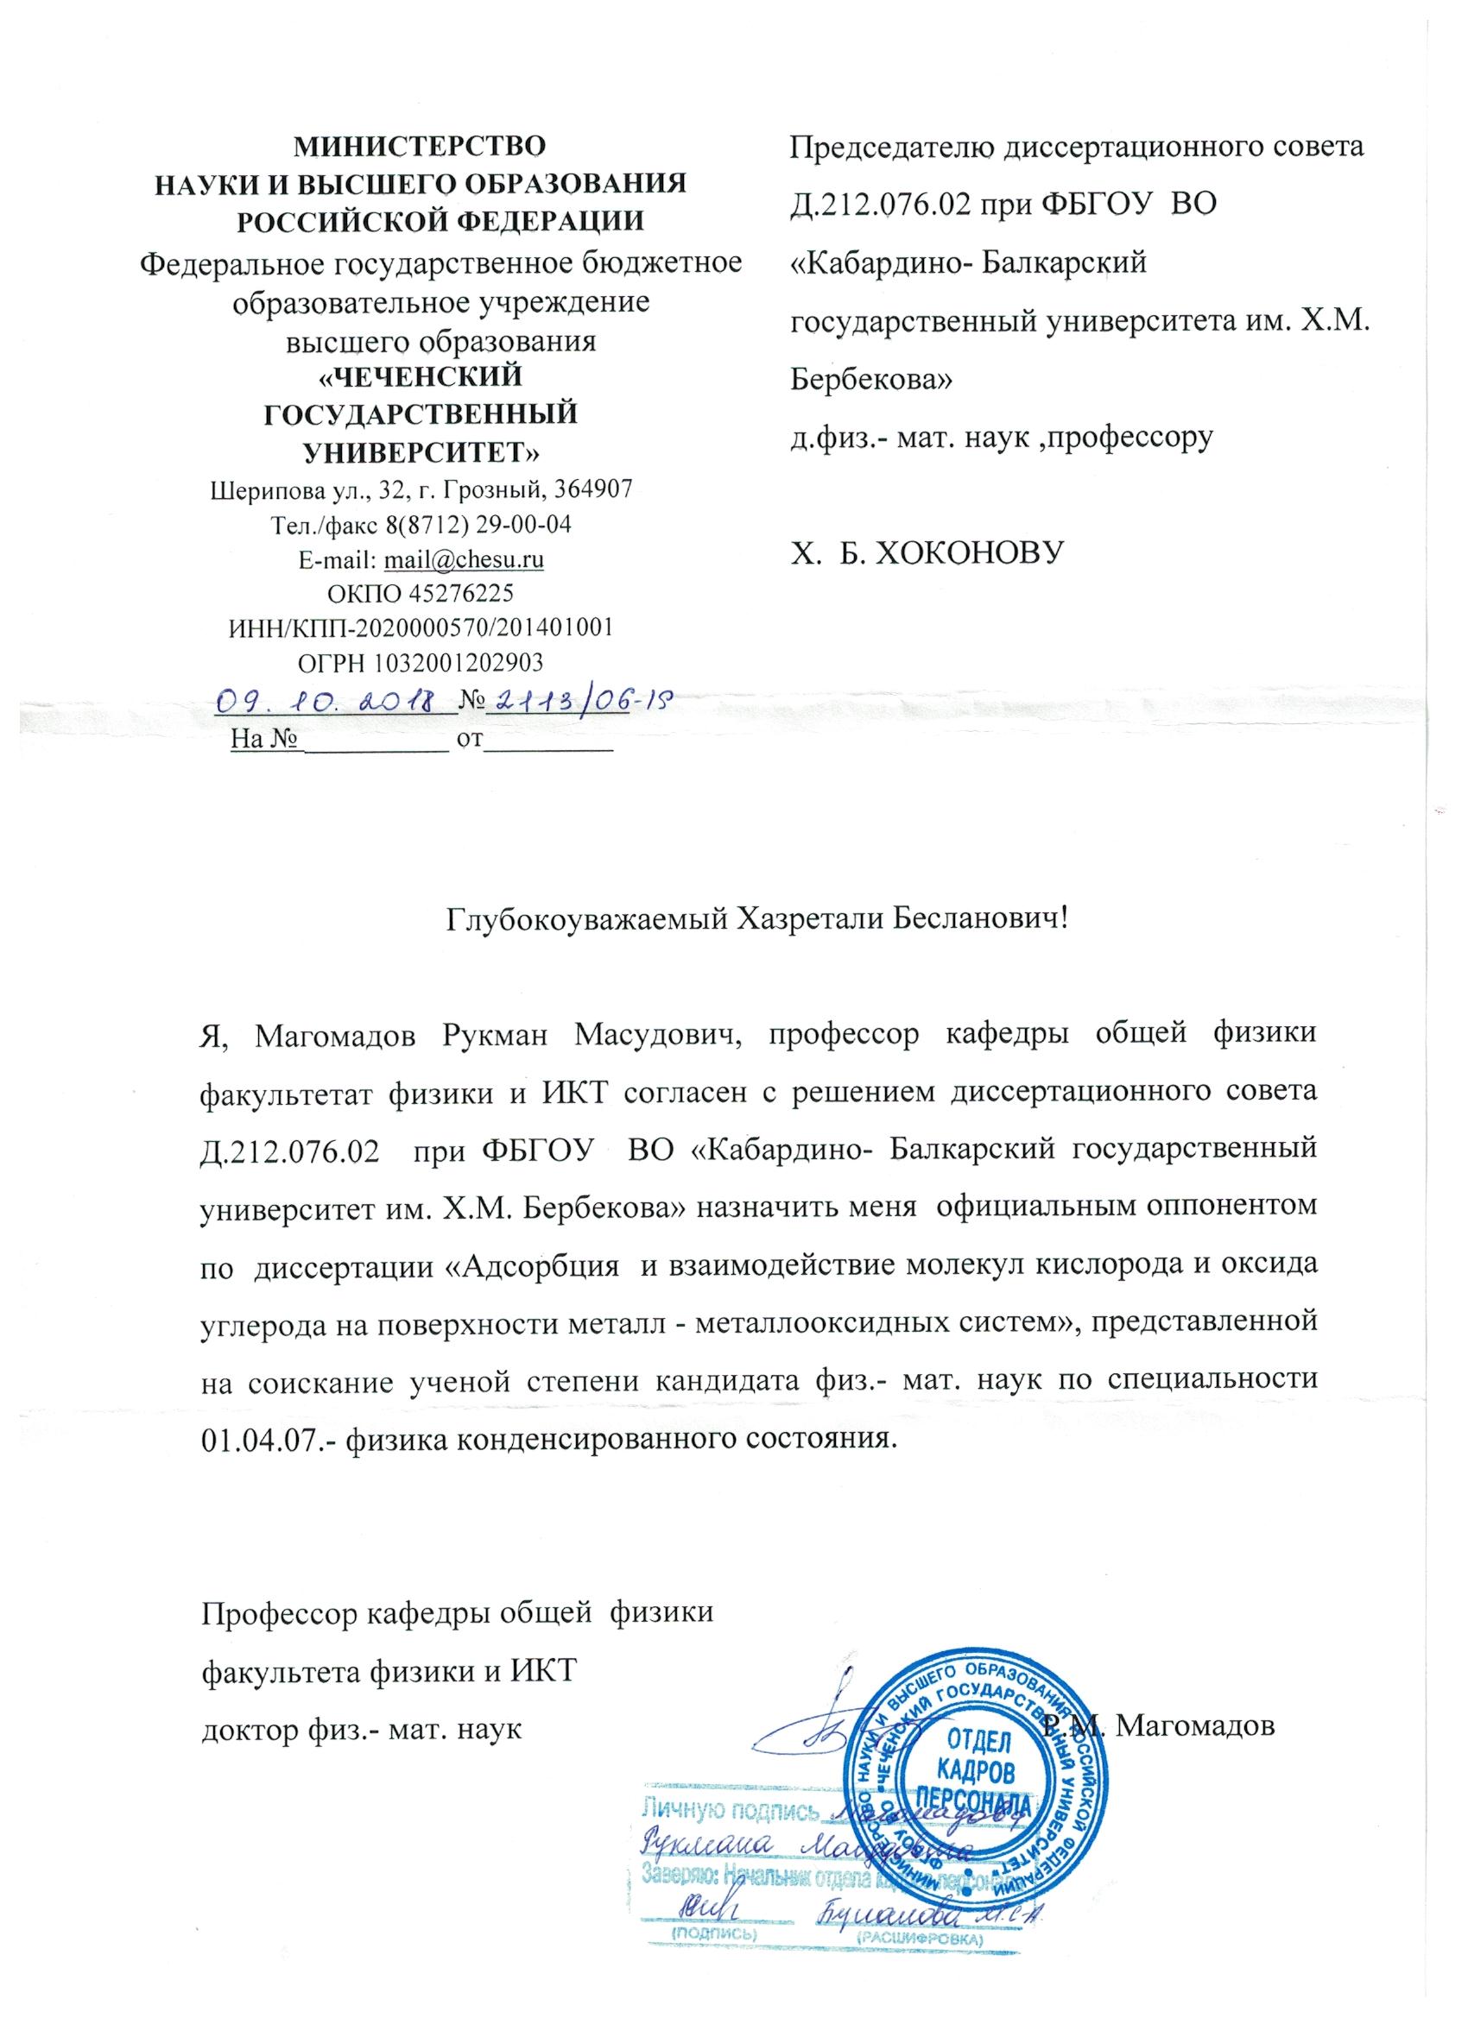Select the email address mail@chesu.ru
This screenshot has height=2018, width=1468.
(x=463, y=558)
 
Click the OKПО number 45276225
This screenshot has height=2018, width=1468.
(x=457, y=593)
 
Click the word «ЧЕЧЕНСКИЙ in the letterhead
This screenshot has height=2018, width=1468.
(x=421, y=377)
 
